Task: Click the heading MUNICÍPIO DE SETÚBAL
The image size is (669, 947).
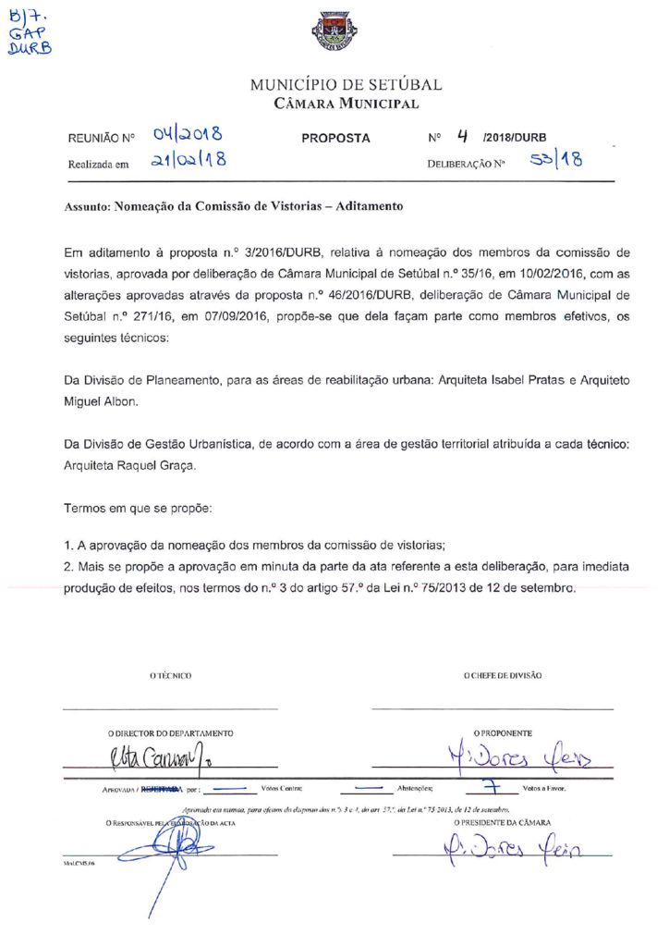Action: pos(347,85)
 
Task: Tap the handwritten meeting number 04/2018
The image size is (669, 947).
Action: pos(189,136)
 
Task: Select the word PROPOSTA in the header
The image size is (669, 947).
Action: pos(335,139)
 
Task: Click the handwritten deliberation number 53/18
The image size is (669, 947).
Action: pos(556,162)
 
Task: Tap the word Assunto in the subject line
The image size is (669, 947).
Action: pos(86,206)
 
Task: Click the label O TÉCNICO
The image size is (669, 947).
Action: pos(170,676)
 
